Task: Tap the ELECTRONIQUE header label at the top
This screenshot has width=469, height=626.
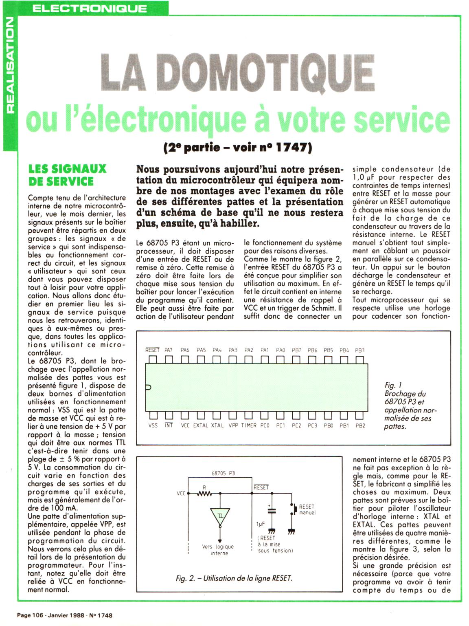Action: point(90,9)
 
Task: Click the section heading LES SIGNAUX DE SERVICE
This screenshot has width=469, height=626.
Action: point(67,175)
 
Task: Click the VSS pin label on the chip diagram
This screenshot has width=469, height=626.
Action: point(153,425)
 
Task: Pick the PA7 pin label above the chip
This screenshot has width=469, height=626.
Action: point(169,350)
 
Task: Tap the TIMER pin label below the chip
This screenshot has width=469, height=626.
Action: point(248,425)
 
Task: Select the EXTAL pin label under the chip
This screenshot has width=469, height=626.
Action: point(200,425)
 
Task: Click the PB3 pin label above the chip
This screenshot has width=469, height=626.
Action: point(359,350)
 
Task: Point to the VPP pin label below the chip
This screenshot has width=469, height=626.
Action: point(233,425)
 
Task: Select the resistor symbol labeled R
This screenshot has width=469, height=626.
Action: point(204,494)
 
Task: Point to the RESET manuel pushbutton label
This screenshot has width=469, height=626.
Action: point(307,509)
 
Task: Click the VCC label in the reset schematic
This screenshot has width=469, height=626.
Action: point(181,494)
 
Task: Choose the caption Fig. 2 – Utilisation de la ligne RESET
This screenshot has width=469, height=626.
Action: point(234,578)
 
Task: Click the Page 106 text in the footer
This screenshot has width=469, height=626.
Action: point(31,615)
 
